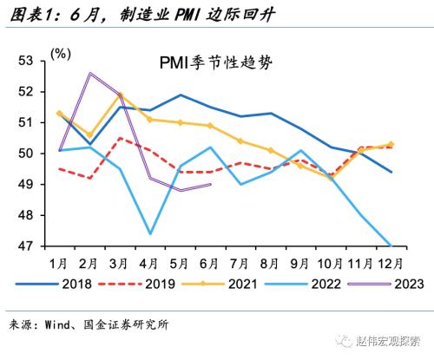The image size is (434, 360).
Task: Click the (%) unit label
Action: (61, 54)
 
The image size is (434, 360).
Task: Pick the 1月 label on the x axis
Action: (59, 261)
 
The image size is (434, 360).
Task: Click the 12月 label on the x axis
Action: (391, 261)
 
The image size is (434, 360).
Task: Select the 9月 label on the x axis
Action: (301, 261)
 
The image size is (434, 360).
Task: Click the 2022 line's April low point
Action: (150, 233)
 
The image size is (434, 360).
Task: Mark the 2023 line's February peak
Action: (89, 73)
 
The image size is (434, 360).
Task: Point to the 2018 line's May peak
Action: (181, 95)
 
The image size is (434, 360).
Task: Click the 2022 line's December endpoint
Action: (391, 245)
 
